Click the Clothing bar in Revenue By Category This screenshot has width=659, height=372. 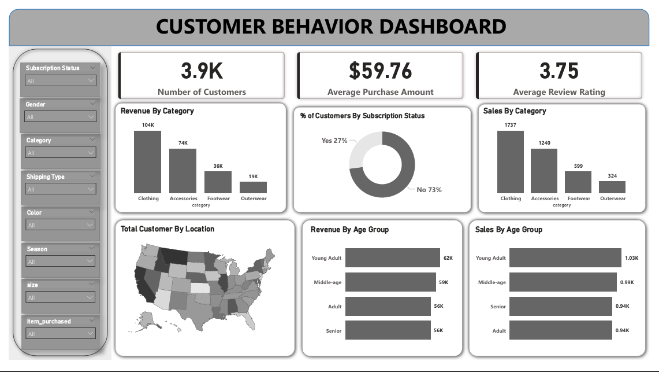[148, 162]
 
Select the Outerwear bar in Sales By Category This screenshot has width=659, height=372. [612, 187]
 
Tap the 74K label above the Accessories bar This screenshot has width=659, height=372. [183, 143]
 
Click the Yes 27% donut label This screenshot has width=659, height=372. [334, 141]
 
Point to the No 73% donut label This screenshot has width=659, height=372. [429, 190]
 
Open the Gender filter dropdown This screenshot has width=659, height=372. [60, 117]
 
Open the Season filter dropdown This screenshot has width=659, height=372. [60, 261]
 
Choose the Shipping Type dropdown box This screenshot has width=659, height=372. [60, 189]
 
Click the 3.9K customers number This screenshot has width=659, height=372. [202, 71]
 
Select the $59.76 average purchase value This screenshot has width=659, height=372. [380, 71]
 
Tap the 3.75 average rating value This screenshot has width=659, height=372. [559, 71]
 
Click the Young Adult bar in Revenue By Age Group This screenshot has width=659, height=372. [393, 258]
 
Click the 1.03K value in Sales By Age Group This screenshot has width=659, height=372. [631, 258]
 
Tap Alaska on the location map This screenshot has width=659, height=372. [148, 318]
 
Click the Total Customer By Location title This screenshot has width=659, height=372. [167, 229]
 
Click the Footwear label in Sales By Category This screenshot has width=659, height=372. [579, 198]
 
